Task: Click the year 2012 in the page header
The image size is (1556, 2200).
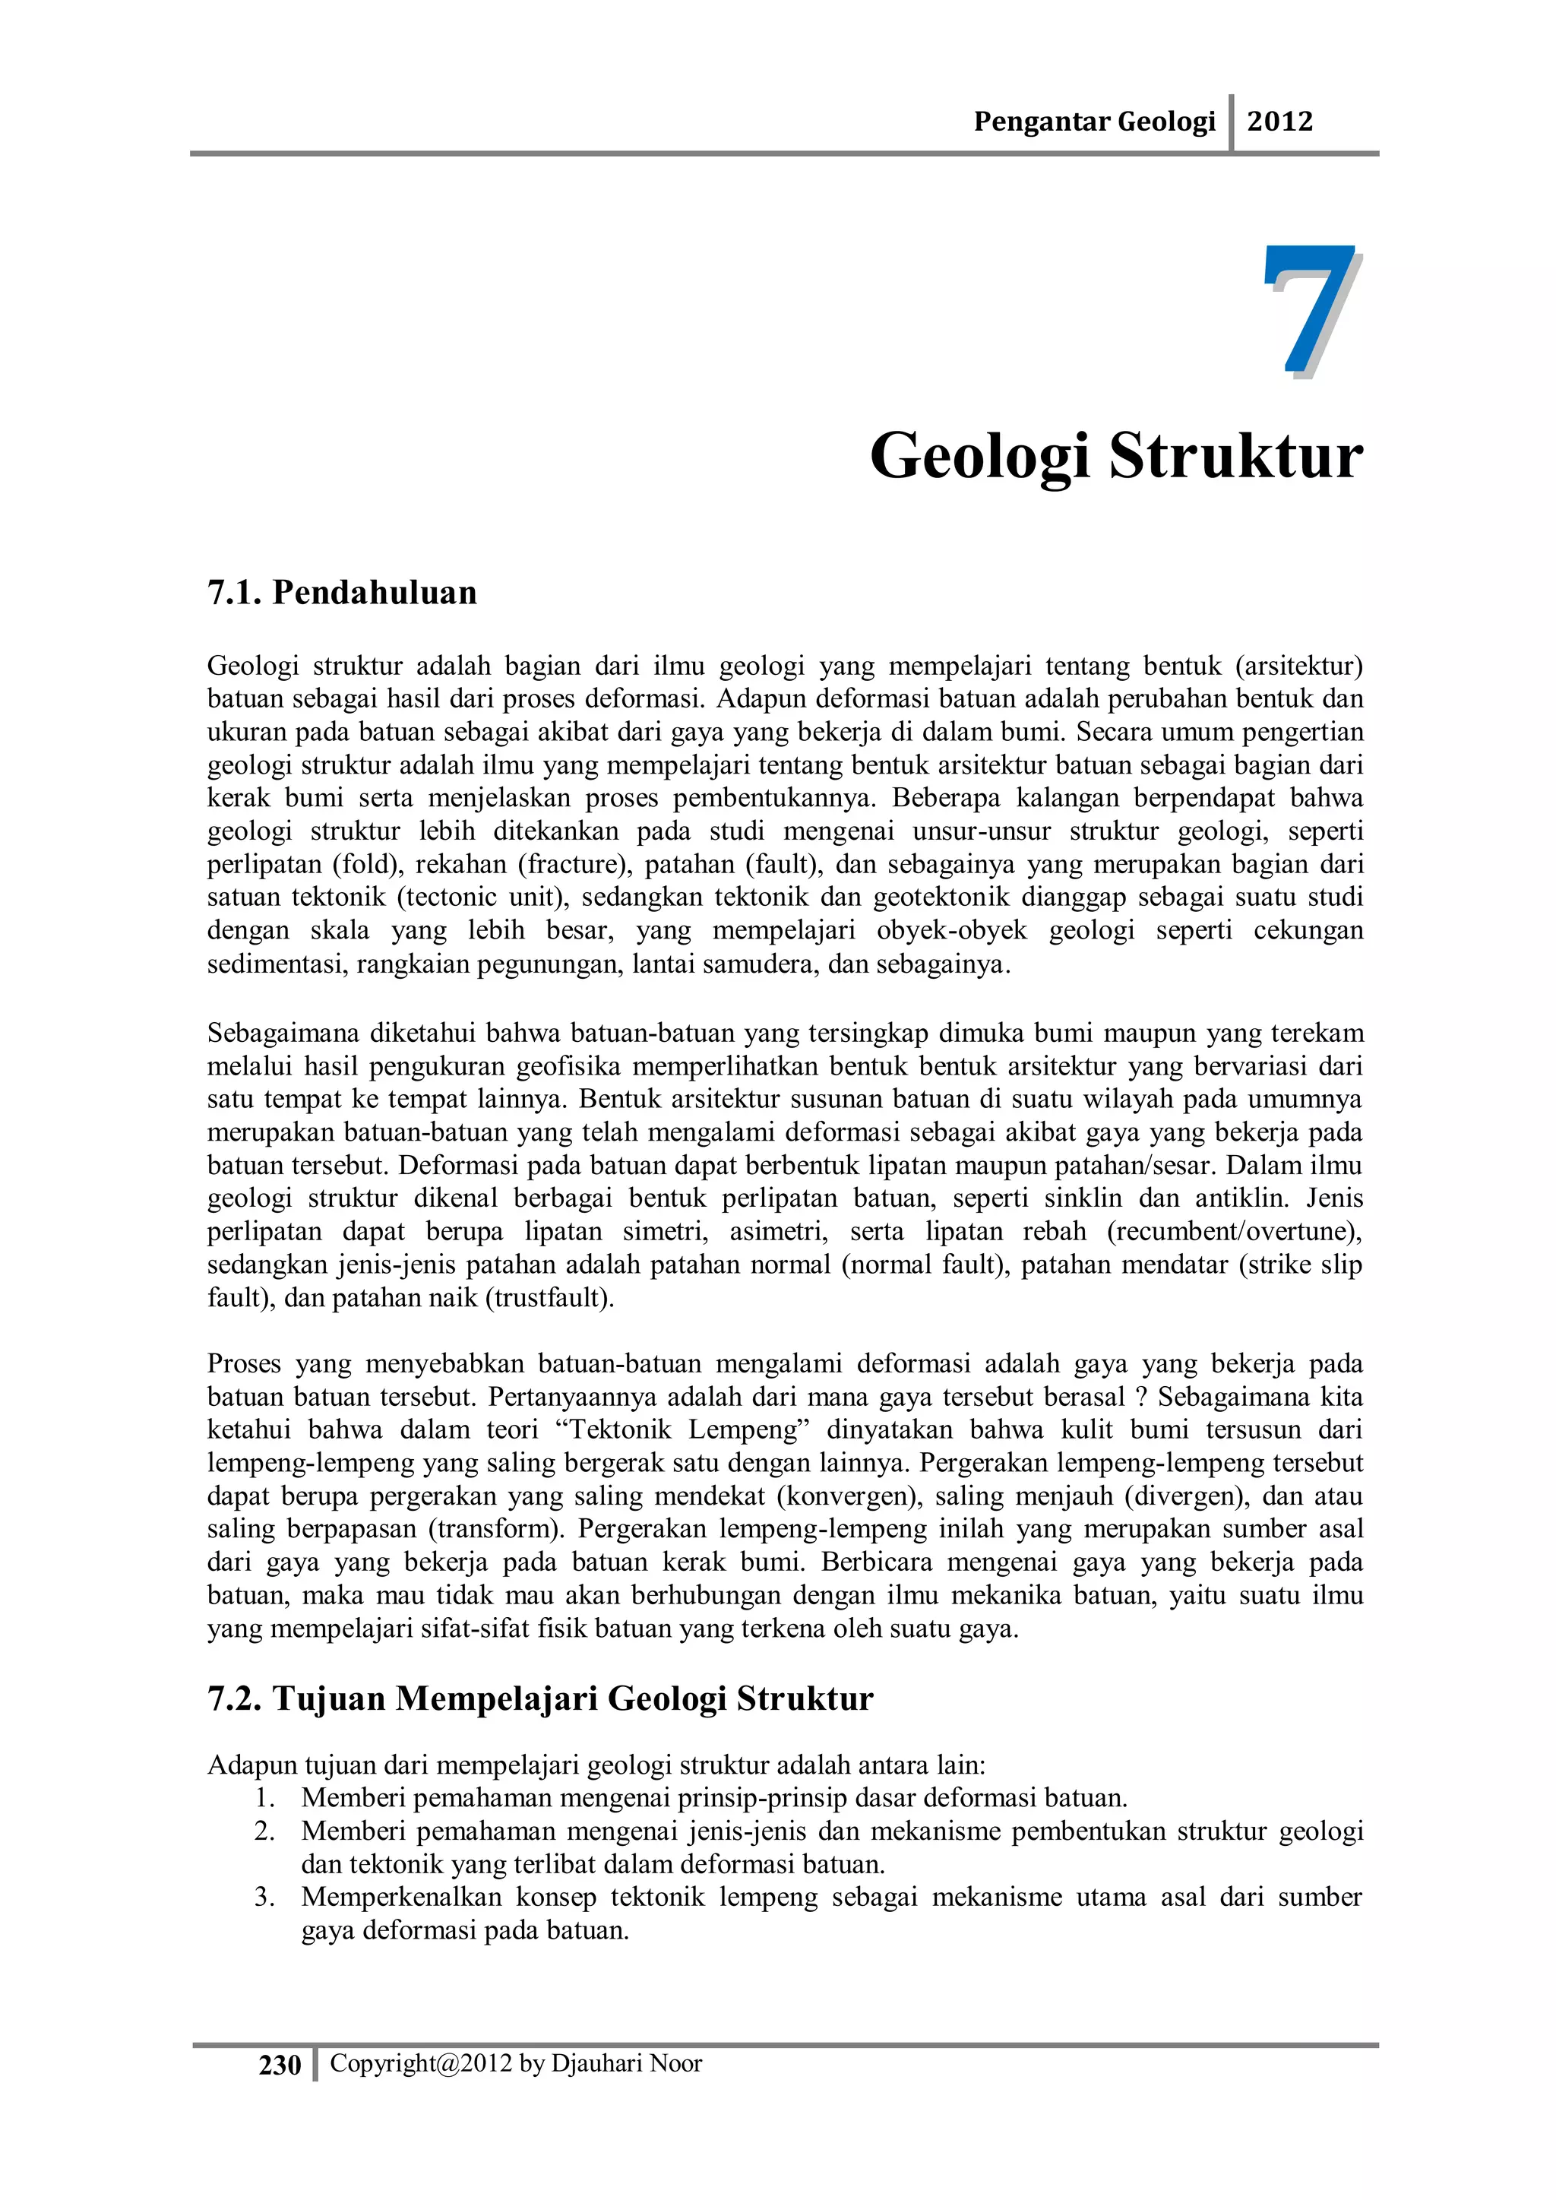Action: tap(1279, 122)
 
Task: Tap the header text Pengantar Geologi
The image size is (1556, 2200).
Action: tap(1093, 122)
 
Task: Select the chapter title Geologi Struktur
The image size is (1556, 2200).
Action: tap(1115, 456)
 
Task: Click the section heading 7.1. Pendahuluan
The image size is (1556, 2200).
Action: tap(342, 592)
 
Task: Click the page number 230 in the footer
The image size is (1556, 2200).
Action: tap(280, 2065)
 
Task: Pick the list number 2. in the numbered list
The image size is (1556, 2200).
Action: tap(264, 1831)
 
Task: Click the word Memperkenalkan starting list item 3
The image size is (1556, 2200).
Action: tap(400, 1898)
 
